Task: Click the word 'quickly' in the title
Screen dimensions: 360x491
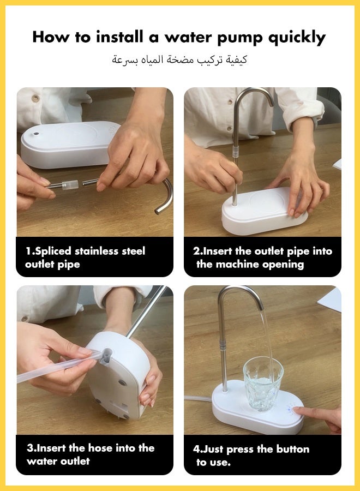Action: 297,38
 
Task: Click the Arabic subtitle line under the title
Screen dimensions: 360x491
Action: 179,59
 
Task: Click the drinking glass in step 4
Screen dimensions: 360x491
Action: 263,384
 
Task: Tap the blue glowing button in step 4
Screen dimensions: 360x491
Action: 290,409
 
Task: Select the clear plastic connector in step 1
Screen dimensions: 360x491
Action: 69,185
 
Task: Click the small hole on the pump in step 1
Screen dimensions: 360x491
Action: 36,134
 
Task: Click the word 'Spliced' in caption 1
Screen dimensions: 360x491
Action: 53,252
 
